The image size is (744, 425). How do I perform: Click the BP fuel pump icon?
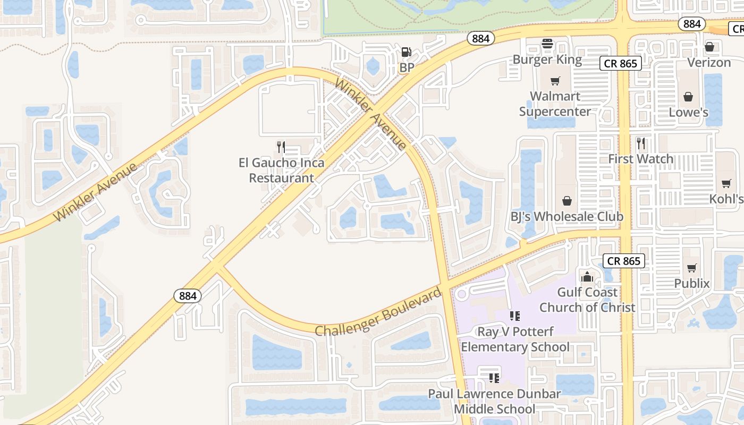[407, 52]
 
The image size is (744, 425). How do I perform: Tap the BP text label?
[407, 67]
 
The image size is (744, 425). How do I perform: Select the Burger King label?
[547, 59]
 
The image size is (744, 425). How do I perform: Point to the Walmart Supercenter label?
[555, 104]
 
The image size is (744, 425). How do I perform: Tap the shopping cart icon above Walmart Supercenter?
[555, 81]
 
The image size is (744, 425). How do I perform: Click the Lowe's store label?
[688, 112]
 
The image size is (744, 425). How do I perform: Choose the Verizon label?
[709, 62]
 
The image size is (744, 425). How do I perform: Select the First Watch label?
[640, 158]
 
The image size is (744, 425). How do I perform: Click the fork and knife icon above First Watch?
[641, 143]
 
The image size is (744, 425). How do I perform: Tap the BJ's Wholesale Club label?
[567, 216]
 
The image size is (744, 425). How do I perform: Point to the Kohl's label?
[726, 199]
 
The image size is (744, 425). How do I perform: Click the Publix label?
[692, 283]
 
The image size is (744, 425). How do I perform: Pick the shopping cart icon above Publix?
[691, 268]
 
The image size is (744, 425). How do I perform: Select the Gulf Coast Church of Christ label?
[587, 300]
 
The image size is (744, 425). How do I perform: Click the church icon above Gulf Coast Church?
[587, 277]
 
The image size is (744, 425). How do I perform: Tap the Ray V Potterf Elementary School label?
[515, 339]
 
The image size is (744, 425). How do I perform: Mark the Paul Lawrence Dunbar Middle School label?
[494, 401]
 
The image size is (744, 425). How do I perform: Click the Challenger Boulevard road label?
[378, 312]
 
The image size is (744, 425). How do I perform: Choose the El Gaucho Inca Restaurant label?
[282, 170]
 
